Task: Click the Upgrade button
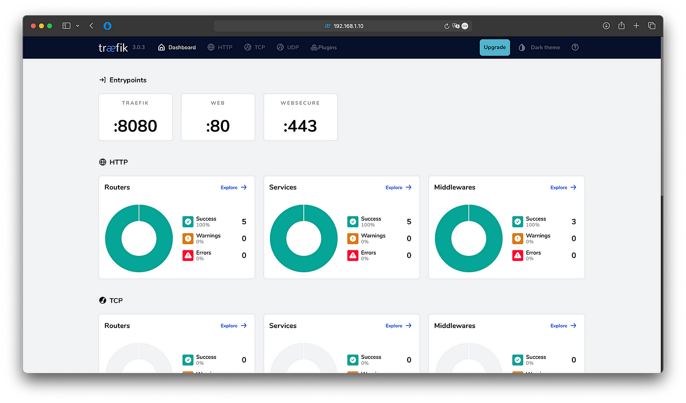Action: pos(494,47)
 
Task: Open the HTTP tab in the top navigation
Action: pos(220,47)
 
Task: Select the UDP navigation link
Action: pos(288,47)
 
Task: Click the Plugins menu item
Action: pos(324,47)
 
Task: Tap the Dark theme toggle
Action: pos(539,47)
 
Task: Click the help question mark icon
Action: pos(575,47)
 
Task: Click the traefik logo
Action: pos(113,47)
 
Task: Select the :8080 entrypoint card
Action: pos(135,117)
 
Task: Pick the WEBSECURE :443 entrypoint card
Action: pos(300,117)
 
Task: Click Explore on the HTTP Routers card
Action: pos(234,187)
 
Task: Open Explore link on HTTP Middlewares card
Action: pos(563,187)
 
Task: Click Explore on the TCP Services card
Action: pos(398,326)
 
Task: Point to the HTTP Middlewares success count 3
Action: pos(574,221)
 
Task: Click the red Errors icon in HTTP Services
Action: pos(353,255)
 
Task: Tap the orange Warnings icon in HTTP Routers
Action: pos(188,238)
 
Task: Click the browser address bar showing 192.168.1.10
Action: pos(343,26)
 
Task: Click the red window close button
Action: pos(33,26)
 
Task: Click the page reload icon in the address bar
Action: pos(446,26)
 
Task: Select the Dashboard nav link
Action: pos(177,47)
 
